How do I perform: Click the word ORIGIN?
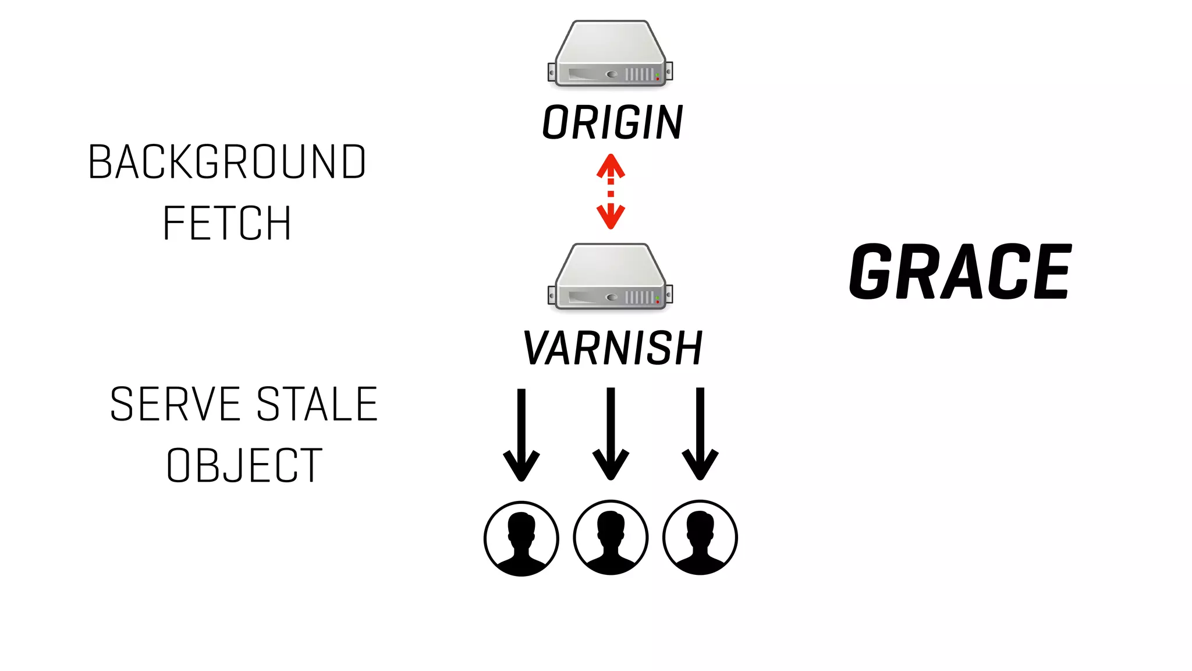[612, 123]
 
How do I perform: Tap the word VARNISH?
[613, 348]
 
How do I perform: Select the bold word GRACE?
[960, 272]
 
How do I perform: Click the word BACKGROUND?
[227, 162]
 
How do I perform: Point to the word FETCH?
[227, 223]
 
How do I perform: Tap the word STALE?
[317, 404]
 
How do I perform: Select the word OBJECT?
[244, 465]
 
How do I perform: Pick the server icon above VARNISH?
[611, 277]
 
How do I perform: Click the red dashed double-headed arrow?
[611, 191]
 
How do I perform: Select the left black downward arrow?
[521, 434]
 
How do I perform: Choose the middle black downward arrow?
[611, 434]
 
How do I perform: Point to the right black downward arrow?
[700, 434]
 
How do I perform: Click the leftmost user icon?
[521, 538]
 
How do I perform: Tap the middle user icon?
[611, 538]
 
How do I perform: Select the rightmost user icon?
[700, 538]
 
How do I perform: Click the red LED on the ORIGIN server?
[658, 78]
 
